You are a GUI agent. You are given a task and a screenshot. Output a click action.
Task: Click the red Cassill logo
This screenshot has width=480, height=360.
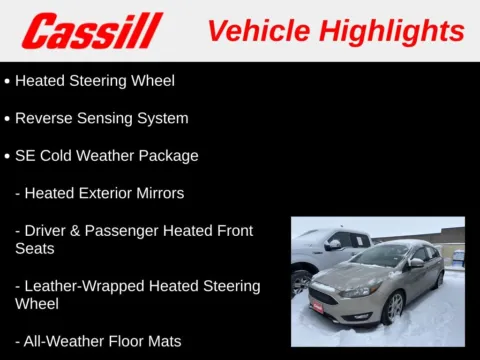coord(93,31)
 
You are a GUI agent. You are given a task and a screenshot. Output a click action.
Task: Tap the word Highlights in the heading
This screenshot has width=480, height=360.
coord(397,31)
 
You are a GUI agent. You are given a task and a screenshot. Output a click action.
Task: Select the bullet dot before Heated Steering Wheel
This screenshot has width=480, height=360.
coord(7,81)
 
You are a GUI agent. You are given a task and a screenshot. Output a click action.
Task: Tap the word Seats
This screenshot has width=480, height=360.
coord(35,248)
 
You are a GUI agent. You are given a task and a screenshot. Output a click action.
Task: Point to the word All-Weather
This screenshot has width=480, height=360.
coord(65,341)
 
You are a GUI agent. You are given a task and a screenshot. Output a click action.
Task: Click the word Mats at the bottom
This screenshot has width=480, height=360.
coord(163,341)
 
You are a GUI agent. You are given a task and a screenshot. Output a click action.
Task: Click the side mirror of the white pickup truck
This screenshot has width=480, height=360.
coord(334,244)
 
